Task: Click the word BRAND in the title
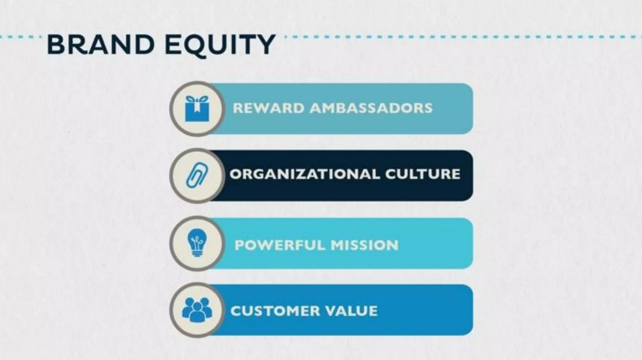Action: pyautogui.click(x=101, y=45)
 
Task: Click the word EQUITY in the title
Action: pyautogui.click(x=220, y=45)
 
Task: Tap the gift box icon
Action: pyautogui.click(x=197, y=109)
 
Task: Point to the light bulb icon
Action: pyautogui.click(x=197, y=243)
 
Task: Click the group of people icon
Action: pyautogui.click(x=197, y=310)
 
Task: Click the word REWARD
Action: pyautogui.click(x=269, y=108)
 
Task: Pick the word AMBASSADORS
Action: pyautogui.click(x=371, y=108)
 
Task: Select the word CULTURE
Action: pyautogui.click(x=423, y=174)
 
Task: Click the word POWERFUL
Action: pyautogui.click(x=280, y=245)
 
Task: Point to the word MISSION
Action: pyautogui.click(x=365, y=245)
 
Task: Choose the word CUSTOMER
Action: pyautogui.click(x=275, y=311)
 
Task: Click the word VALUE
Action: pyautogui.click(x=351, y=311)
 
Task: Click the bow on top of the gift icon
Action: pyautogui.click(x=197, y=99)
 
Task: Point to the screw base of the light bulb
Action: pyautogui.click(x=197, y=253)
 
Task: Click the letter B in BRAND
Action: pyautogui.click(x=55, y=45)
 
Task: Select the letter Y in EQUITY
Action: pyautogui.click(x=265, y=45)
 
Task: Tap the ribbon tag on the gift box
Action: pyautogui.click(x=197, y=107)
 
